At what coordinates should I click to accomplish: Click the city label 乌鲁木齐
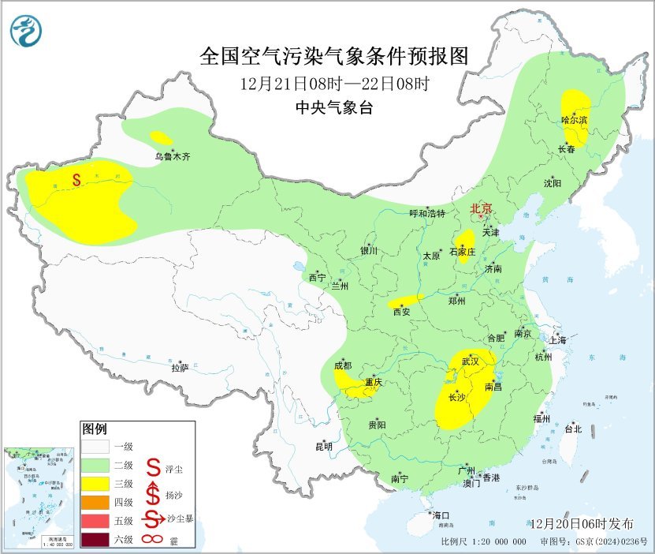(172, 157)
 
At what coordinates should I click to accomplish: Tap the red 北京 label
(481, 209)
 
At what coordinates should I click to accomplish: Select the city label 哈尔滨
(575, 120)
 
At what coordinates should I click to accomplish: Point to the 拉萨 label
(180, 368)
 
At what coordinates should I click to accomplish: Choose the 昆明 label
(324, 447)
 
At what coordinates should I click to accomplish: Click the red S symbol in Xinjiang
(76, 180)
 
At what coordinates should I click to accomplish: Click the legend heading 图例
(94, 429)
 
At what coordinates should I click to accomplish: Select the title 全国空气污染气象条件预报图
(334, 56)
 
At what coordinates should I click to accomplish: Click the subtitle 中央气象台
(334, 109)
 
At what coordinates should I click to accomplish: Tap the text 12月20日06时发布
(582, 524)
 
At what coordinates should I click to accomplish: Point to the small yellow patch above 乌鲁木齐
(161, 137)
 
